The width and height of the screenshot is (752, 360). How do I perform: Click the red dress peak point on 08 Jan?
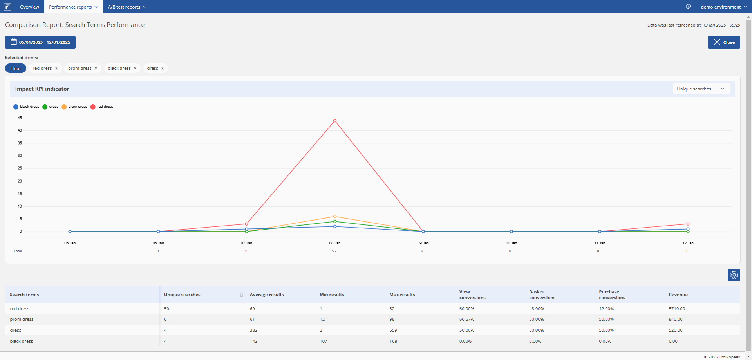click(x=334, y=121)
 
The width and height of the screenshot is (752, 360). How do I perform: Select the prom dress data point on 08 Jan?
click(x=334, y=216)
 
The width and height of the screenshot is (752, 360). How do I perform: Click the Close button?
click(x=724, y=42)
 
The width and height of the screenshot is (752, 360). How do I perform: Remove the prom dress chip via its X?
click(x=96, y=68)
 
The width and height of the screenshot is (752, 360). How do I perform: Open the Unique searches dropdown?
click(x=701, y=89)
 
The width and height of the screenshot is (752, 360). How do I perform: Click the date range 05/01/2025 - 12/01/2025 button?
click(x=40, y=42)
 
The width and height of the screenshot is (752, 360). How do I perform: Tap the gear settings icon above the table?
click(x=734, y=275)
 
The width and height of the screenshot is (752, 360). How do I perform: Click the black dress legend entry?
click(x=26, y=107)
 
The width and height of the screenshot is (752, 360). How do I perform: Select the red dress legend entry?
click(x=102, y=107)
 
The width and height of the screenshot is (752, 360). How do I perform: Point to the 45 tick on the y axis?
click(x=20, y=118)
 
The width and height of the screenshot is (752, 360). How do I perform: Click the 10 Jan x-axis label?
click(x=511, y=243)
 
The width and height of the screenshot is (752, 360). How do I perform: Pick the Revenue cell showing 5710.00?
click(x=677, y=309)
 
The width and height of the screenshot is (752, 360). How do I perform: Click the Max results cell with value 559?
click(x=393, y=330)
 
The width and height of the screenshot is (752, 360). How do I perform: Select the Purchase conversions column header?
click(x=612, y=295)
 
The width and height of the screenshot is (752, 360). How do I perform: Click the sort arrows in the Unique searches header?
click(x=242, y=295)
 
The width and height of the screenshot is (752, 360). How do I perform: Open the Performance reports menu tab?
click(x=73, y=7)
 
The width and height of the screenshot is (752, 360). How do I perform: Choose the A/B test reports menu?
click(x=127, y=7)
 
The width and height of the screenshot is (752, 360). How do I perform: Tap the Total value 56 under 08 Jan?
click(x=334, y=251)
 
